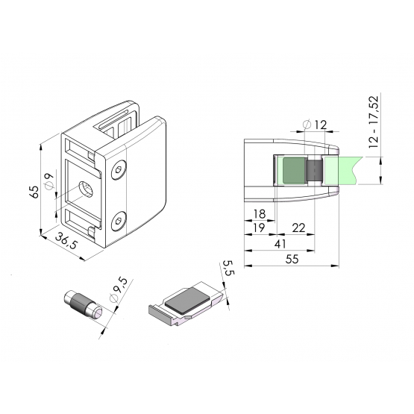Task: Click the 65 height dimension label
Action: click(x=34, y=192)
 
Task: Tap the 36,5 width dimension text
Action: click(x=66, y=241)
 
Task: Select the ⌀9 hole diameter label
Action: click(x=49, y=181)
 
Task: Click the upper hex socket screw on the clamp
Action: click(x=119, y=170)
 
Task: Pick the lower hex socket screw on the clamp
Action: click(x=119, y=222)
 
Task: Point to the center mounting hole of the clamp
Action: click(x=87, y=189)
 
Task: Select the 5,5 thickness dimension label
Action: click(x=228, y=268)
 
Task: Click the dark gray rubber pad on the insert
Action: click(x=187, y=300)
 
